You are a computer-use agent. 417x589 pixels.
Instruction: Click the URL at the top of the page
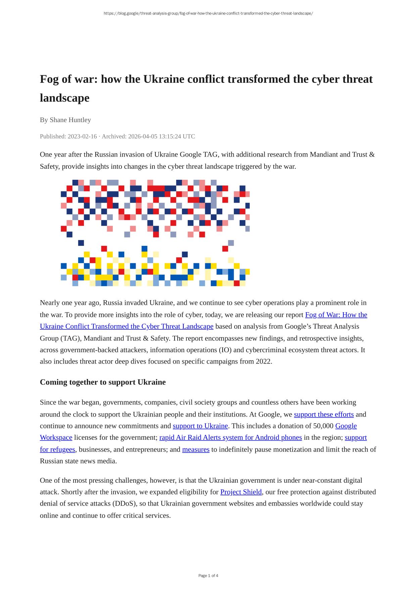pos(208,13)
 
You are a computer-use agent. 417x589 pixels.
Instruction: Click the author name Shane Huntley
pos(70,120)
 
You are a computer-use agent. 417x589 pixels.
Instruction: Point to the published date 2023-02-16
pos(82,137)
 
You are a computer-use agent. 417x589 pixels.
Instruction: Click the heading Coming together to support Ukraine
pos(103,382)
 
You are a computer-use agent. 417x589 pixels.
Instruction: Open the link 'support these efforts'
pos(324,415)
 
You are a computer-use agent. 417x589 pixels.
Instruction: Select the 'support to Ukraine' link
pos(200,426)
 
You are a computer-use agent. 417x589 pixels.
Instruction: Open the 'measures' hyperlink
pos(196,449)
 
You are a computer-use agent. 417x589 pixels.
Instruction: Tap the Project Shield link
pos(241,492)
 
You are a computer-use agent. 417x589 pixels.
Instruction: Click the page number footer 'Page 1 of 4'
pos(208,576)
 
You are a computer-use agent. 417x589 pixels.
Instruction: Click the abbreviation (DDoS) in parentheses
pos(124,504)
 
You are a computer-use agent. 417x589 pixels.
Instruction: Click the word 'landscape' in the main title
pos(64,98)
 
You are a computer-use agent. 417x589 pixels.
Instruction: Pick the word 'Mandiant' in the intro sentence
pos(323,155)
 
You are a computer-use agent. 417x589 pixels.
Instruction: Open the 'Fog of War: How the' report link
pos(336,315)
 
